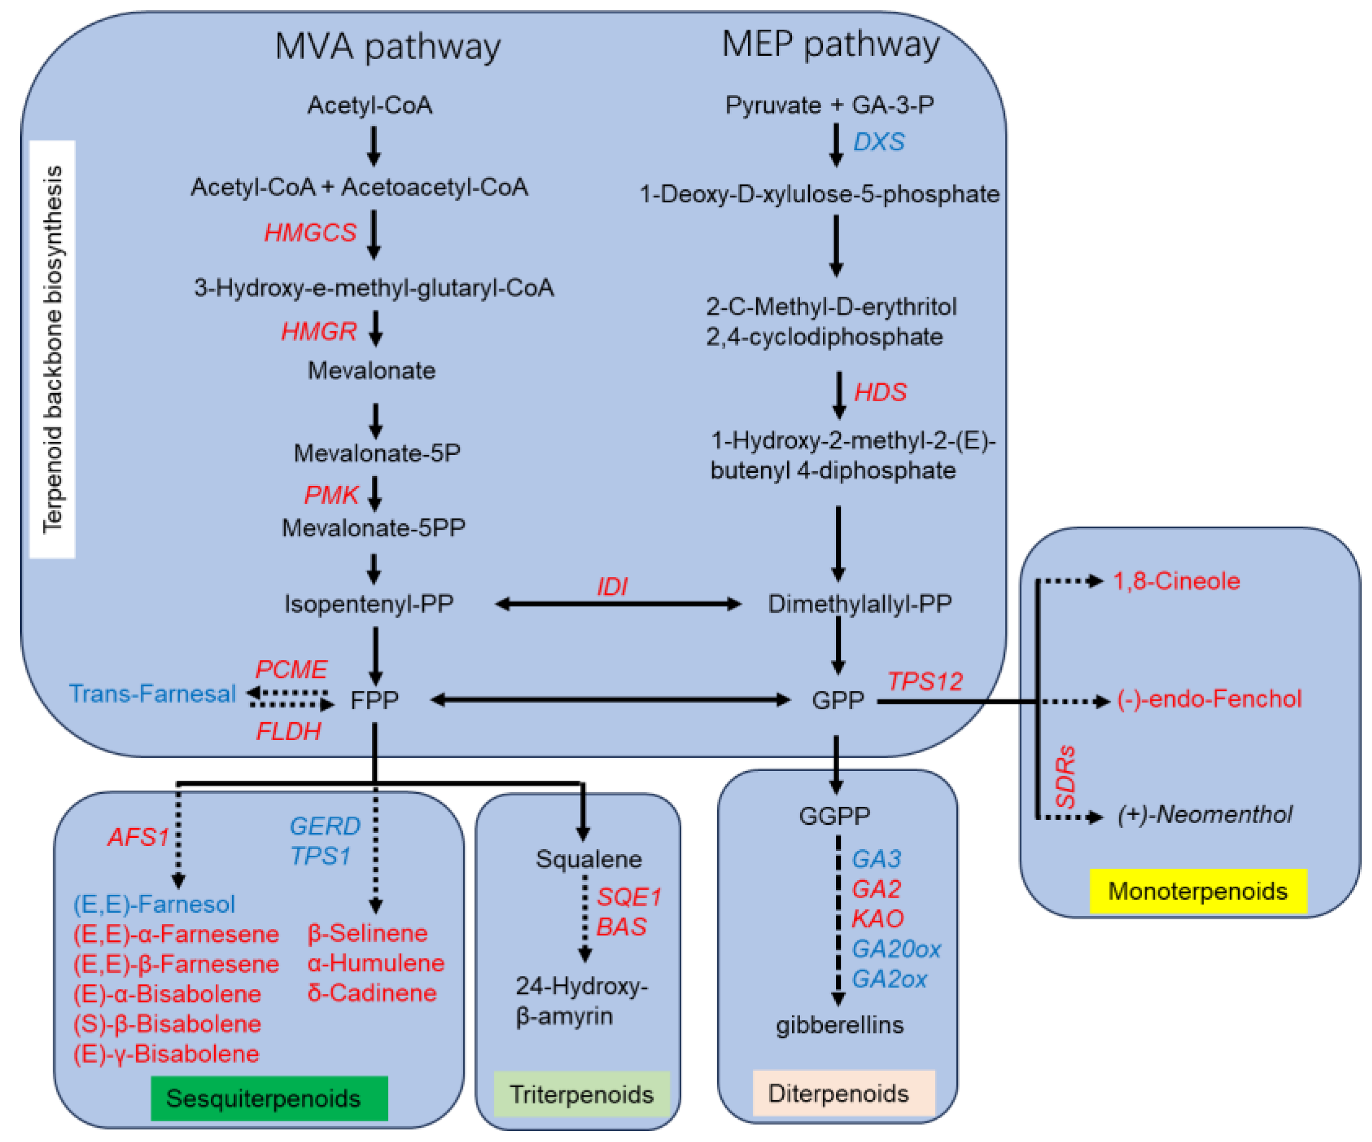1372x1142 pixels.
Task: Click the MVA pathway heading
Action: (388, 47)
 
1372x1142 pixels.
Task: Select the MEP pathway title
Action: (830, 44)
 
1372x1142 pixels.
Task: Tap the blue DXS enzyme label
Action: (879, 142)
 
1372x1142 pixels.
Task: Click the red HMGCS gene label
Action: (310, 233)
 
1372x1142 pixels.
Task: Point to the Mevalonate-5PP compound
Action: (373, 528)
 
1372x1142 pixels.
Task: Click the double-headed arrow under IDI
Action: (618, 604)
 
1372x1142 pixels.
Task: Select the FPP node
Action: (375, 700)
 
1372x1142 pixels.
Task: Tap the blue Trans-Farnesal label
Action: (152, 694)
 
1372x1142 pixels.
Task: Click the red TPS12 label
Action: (925, 682)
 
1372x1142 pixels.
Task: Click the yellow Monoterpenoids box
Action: (1197, 891)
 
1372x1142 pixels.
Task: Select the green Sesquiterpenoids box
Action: (269, 1098)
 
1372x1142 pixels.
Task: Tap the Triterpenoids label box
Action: (582, 1094)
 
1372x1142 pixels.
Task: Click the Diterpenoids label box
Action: (843, 1093)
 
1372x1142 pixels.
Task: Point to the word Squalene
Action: (589, 859)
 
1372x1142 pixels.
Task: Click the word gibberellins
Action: (840, 1025)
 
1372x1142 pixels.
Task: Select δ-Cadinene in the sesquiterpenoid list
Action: (372, 993)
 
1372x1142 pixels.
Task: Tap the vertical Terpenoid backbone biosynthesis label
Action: (52, 350)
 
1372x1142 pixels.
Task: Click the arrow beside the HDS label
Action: (840, 395)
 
